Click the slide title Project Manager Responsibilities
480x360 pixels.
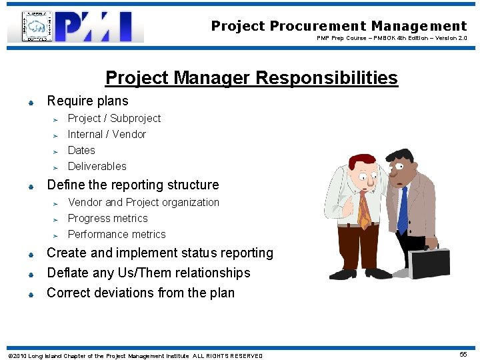251,78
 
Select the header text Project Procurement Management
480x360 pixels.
339,26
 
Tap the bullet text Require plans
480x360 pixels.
87,101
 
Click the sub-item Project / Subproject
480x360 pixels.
114,119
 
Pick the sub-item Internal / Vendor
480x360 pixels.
107,135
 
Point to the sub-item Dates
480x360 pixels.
81,151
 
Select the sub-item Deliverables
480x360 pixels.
97,167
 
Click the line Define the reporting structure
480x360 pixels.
133,185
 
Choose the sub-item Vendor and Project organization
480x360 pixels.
143,203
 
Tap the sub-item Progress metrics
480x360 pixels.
107,219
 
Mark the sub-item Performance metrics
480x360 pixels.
117,235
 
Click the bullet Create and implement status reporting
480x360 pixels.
160,253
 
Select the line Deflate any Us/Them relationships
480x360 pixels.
148,273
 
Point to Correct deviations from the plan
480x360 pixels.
141,293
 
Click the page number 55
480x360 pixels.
463,355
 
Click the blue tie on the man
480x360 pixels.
402,210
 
